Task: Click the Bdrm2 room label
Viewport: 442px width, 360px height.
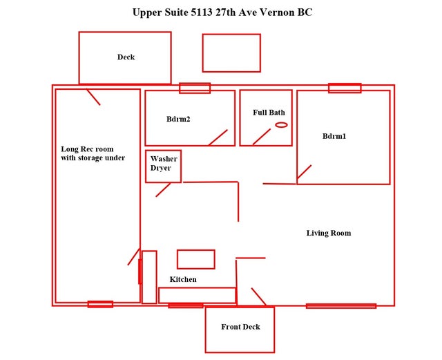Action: [x=178, y=119]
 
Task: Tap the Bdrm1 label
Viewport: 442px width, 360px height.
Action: [x=334, y=136]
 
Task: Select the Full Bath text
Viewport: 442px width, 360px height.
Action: [x=269, y=113]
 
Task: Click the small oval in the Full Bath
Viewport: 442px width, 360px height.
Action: [x=281, y=124]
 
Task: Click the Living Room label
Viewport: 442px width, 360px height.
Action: [x=329, y=233]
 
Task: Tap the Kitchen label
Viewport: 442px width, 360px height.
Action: [x=183, y=279]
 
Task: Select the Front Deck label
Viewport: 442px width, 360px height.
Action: [x=240, y=327]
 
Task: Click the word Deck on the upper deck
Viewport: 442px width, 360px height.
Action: [x=126, y=57]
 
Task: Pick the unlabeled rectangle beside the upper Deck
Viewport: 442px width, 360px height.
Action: [x=202, y=53]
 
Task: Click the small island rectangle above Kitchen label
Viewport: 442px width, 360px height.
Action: [x=177, y=259]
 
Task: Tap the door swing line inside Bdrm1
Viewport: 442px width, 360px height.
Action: [x=304, y=172]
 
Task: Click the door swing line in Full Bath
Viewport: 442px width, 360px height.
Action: [x=262, y=137]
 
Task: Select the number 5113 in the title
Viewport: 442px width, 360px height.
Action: [x=202, y=12]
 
